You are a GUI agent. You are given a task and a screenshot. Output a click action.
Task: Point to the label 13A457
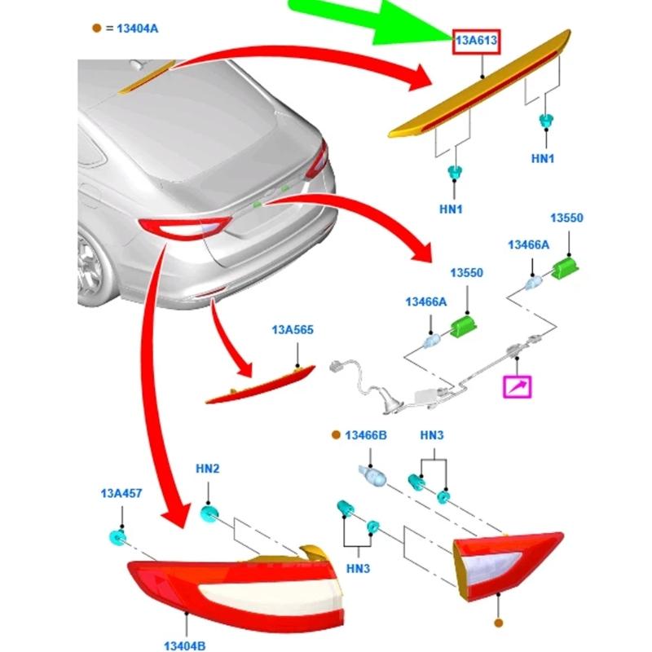click(121, 494)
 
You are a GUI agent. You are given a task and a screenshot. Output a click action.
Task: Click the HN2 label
click(207, 470)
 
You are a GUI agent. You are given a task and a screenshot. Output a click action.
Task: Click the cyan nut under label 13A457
click(117, 537)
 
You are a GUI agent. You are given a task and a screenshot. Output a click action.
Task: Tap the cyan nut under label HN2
click(209, 514)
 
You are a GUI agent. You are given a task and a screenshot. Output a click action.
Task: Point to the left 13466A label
click(426, 302)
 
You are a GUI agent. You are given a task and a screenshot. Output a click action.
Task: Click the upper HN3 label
click(432, 437)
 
